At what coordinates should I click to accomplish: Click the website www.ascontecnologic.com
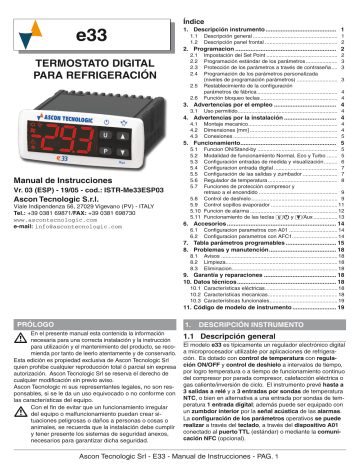coord(61,219)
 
